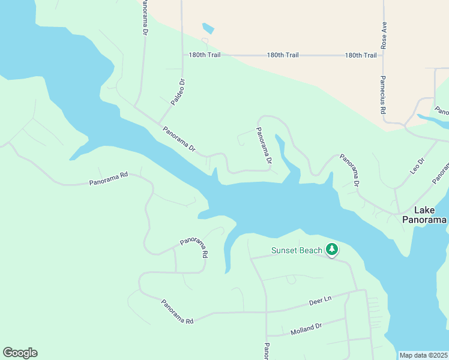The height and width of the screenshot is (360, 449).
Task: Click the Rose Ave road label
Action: tap(384, 35)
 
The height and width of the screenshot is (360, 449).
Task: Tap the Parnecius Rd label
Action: tap(382, 95)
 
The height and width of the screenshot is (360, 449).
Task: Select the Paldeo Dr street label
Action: tap(177, 92)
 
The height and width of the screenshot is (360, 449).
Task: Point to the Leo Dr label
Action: tap(417, 166)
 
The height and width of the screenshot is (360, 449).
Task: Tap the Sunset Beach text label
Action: tap(297, 250)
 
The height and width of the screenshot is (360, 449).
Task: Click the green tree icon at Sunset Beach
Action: tap(331, 249)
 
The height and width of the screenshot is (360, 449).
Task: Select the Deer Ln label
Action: tap(320, 299)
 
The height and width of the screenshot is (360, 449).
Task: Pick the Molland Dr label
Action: tap(306, 329)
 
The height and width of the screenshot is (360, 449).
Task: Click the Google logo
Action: tap(20, 353)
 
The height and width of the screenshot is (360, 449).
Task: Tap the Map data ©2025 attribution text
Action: tap(423, 355)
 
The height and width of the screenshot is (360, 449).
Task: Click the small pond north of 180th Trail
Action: tap(208, 28)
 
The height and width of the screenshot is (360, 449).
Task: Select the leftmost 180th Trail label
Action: tap(205, 55)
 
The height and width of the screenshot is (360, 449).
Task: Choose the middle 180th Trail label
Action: tap(283, 55)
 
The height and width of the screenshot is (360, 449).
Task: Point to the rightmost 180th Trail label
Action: tap(361, 55)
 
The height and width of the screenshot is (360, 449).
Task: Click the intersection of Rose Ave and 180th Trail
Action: tap(383, 55)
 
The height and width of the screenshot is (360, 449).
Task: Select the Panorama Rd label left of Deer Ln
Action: tap(176, 312)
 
